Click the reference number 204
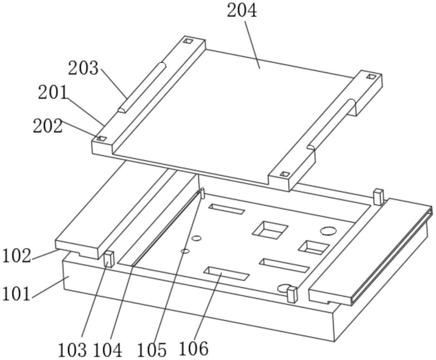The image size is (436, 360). tap(242, 12)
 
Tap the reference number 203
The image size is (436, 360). tap(83, 68)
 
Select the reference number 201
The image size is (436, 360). tap(53, 93)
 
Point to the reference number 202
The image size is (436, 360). tap(48, 126)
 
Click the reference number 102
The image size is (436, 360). tap(17, 256)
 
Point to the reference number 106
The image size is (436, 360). tap(194, 348)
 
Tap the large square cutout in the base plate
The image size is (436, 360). tap(270, 230)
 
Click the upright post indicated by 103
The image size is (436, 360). tap(109, 259)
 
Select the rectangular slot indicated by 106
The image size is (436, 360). tap(226, 273)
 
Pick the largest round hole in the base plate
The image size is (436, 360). tap(328, 231)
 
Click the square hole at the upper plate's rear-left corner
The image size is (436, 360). tap(188, 41)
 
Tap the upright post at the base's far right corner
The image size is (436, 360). tap(378, 197)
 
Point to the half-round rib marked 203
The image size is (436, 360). tap(142, 87)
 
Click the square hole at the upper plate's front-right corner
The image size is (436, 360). tap(284, 174)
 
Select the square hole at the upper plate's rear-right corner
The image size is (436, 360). tap(371, 76)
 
